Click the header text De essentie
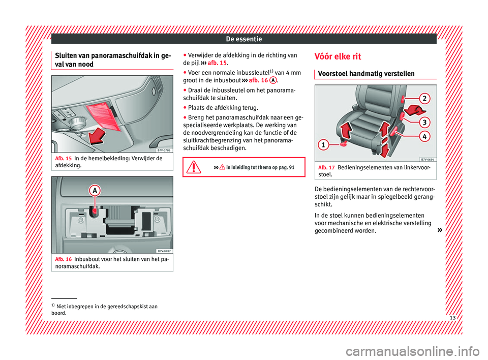243,38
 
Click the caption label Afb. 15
61,158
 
